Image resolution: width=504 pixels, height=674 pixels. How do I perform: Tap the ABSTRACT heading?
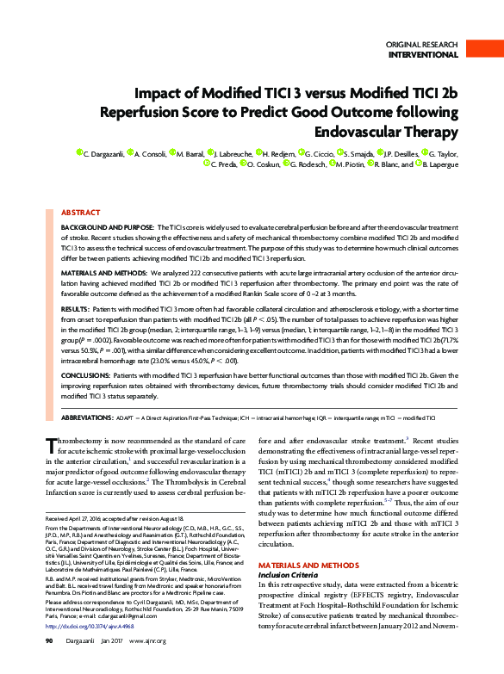(82, 211)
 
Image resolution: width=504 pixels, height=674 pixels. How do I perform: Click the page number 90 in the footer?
(50, 665)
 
